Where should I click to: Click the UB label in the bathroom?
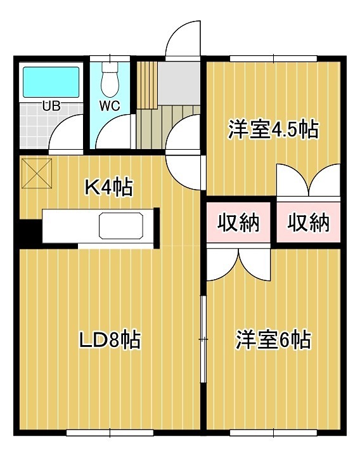tap(51, 106)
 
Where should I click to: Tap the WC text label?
tap(110, 106)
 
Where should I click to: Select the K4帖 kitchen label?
tap(108, 187)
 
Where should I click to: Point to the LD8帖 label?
tap(109, 340)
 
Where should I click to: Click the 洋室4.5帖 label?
tap(273, 130)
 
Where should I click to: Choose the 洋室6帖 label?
tap(273, 340)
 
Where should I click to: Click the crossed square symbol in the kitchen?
tap(37, 173)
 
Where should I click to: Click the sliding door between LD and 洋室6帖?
tap(203, 339)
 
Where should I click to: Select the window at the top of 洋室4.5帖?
tap(274, 59)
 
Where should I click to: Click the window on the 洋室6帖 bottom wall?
tap(274, 434)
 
